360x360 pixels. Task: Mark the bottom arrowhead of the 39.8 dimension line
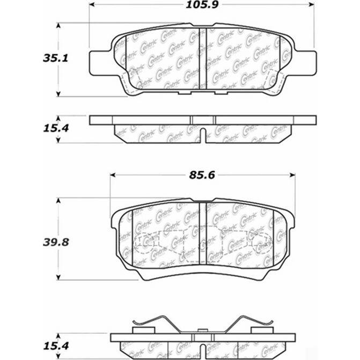point(58,277)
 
